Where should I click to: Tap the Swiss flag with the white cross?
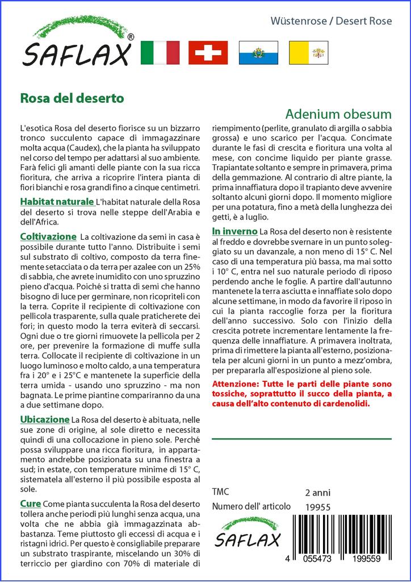pos(208,53)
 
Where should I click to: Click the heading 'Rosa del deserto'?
pos(72,98)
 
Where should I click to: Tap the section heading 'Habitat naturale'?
pos(57,202)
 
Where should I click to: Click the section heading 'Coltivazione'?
pos(48,236)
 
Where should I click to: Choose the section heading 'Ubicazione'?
pos(45,419)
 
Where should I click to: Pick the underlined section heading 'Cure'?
pos(30,504)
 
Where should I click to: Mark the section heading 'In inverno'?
pos(234,231)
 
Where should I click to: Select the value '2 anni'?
pos(317,492)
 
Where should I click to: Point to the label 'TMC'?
pos(220,492)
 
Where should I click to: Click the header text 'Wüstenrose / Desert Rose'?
pos(339,22)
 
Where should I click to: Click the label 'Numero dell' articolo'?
pos(251,506)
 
